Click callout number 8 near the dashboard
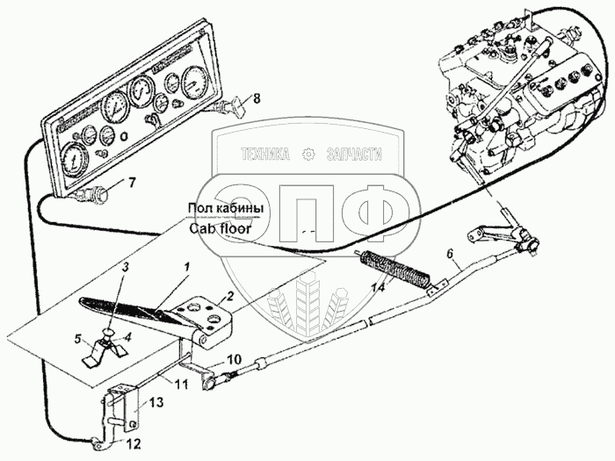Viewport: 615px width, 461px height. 257,98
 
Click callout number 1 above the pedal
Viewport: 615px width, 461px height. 186,265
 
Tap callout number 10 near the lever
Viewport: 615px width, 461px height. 234,359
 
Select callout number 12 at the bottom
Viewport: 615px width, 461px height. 134,443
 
